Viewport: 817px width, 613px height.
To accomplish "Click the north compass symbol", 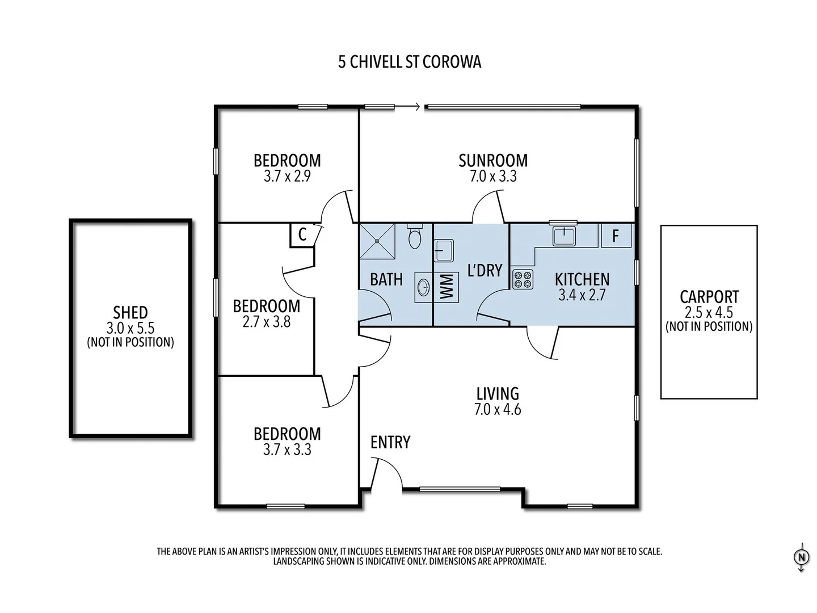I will (x=801, y=557).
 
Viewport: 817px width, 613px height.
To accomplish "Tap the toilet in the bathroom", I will (x=415, y=237).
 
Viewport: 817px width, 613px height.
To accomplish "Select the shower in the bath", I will (x=377, y=241).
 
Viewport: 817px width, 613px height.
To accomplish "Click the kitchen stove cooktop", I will (x=523, y=279).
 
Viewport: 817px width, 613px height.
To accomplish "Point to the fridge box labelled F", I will (x=616, y=236).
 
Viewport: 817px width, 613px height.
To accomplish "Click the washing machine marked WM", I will (x=447, y=287).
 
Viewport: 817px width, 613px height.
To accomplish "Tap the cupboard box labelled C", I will (x=302, y=234).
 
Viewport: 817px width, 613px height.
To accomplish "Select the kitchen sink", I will (x=564, y=236).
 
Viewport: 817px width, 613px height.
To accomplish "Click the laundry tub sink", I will (x=443, y=250).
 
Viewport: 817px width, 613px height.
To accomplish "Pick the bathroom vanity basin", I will (x=423, y=287).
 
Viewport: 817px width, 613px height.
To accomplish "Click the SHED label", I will (x=130, y=312).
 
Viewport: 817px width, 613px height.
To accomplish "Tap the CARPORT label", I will (x=709, y=296).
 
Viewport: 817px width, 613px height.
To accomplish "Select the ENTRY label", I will (x=390, y=442).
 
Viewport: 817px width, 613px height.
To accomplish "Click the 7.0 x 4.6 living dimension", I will (x=498, y=409).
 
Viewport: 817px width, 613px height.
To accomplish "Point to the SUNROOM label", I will (x=493, y=161).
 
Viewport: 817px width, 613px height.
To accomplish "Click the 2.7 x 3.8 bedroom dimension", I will (x=267, y=322).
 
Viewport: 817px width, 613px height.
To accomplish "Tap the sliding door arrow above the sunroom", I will (x=408, y=106).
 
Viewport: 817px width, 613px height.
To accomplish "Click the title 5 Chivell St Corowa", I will (x=410, y=62).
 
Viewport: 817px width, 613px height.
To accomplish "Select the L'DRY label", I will (x=485, y=270).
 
